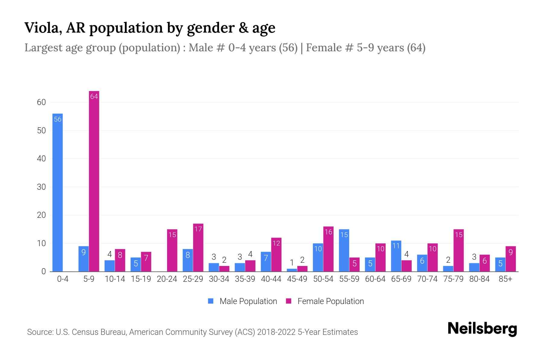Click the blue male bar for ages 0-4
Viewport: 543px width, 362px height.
coord(57,193)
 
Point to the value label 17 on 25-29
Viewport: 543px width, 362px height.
coord(198,229)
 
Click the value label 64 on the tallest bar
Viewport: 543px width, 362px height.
coord(94,97)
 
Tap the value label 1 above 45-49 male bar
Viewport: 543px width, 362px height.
coord(292,262)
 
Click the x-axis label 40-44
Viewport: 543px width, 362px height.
coord(271,279)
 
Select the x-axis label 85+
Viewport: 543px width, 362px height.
coord(505,279)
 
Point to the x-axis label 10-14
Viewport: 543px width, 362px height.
coord(115,279)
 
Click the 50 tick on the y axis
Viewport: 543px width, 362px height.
coord(41,131)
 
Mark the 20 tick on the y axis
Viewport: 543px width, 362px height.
coord(41,215)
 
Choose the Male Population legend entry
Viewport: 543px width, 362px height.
coord(243,301)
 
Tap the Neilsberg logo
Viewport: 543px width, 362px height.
coord(482,329)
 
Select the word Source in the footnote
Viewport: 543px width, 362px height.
coord(40,332)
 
